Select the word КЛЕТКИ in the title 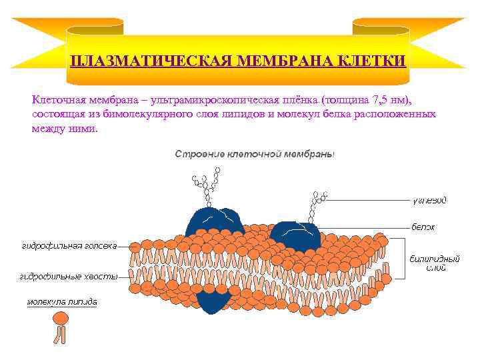373,62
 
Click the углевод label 429,199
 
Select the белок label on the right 423,227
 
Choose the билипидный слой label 427,263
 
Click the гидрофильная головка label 69,245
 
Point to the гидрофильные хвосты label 69,275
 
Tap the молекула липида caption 62,302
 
